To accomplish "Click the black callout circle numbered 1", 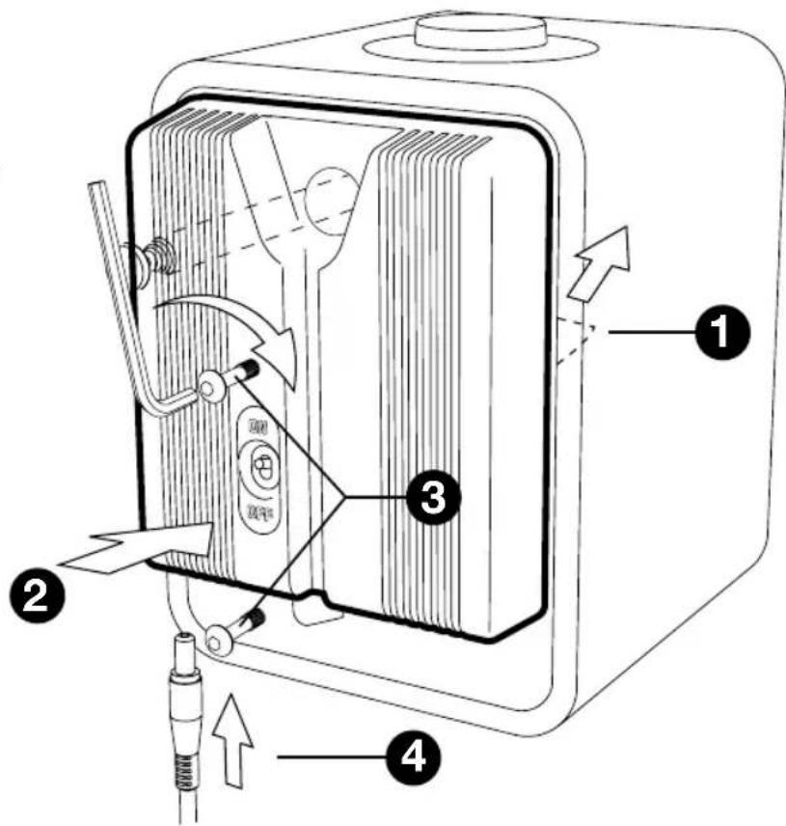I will pos(718,331).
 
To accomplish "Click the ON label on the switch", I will pos(258,426).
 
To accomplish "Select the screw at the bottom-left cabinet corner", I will pos(219,637).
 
